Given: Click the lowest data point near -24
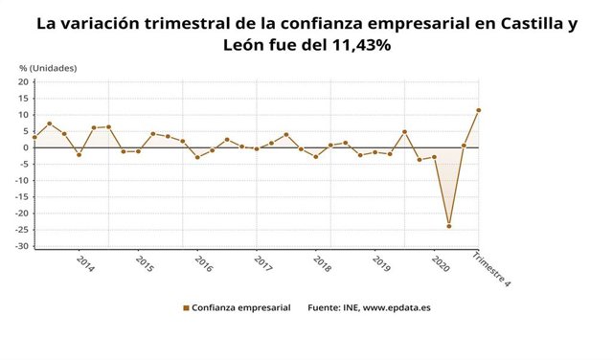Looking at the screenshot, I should click(448, 226).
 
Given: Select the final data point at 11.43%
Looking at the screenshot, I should click(478, 110).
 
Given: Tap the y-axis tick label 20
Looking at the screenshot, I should click(24, 82).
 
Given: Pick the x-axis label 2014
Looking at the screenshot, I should click(84, 263).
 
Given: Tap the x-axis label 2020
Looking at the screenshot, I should click(440, 263).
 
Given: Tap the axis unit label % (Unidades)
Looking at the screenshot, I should click(48, 68).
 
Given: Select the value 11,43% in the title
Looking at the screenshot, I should click(356, 45).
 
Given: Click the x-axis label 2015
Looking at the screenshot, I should click(144, 263).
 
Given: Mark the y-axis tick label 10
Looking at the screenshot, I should click(24, 115).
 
